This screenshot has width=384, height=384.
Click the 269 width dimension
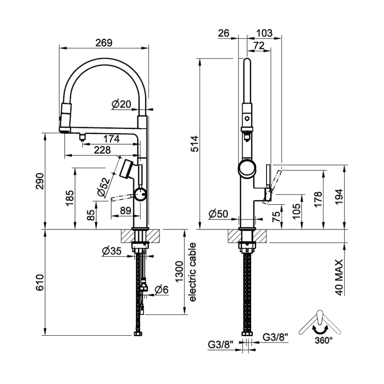tap(104, 42)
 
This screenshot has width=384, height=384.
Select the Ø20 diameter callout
tap(121, 104)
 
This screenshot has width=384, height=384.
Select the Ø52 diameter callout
tap(103, 186)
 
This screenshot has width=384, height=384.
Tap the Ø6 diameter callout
tap(161, 290)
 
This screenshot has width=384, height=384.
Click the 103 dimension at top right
tap(264, 33)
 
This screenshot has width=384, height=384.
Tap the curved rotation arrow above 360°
tap(319, 330)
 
